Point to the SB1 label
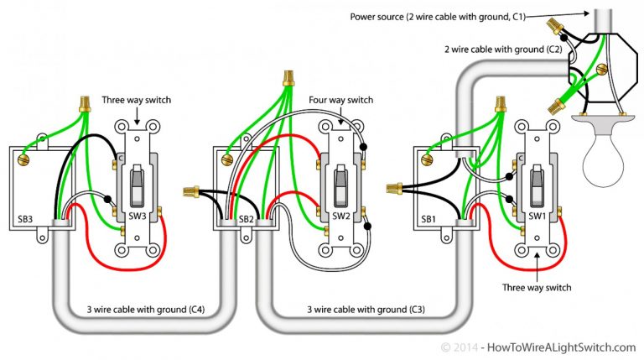[428, 217]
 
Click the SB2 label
[247, 217]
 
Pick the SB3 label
[25, 217]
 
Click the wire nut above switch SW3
[84, 104]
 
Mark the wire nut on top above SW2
[288, 76]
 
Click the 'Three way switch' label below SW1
[537, 288]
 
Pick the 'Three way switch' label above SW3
[136, 101]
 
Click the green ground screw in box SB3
[27, 155]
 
